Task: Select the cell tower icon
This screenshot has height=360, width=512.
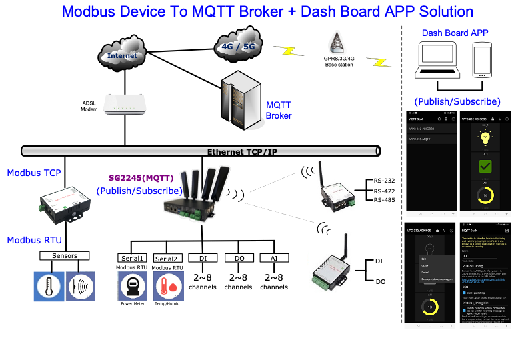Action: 337,43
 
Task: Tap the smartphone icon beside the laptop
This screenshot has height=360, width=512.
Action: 482,61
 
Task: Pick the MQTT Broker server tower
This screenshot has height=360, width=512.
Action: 241,99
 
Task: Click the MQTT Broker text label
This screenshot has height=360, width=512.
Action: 279,110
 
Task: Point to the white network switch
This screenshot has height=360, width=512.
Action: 124,104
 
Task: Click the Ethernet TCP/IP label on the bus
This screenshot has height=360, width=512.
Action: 242,152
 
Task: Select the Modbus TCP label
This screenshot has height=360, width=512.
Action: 34,173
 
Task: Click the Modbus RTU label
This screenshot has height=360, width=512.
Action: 34,240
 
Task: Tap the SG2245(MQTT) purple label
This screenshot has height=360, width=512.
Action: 141,178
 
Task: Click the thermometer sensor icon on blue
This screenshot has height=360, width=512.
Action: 49,287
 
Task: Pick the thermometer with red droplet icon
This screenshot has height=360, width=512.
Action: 169,287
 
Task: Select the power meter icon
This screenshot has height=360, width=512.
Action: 133,287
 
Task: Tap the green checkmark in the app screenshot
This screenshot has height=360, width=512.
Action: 485,167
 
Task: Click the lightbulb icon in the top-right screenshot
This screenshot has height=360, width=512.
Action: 485,137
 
